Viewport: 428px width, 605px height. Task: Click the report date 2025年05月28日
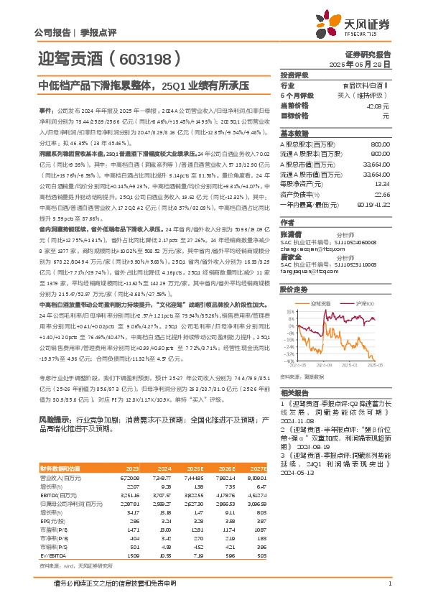[368, 63]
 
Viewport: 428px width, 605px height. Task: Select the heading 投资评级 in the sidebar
[294, 75]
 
